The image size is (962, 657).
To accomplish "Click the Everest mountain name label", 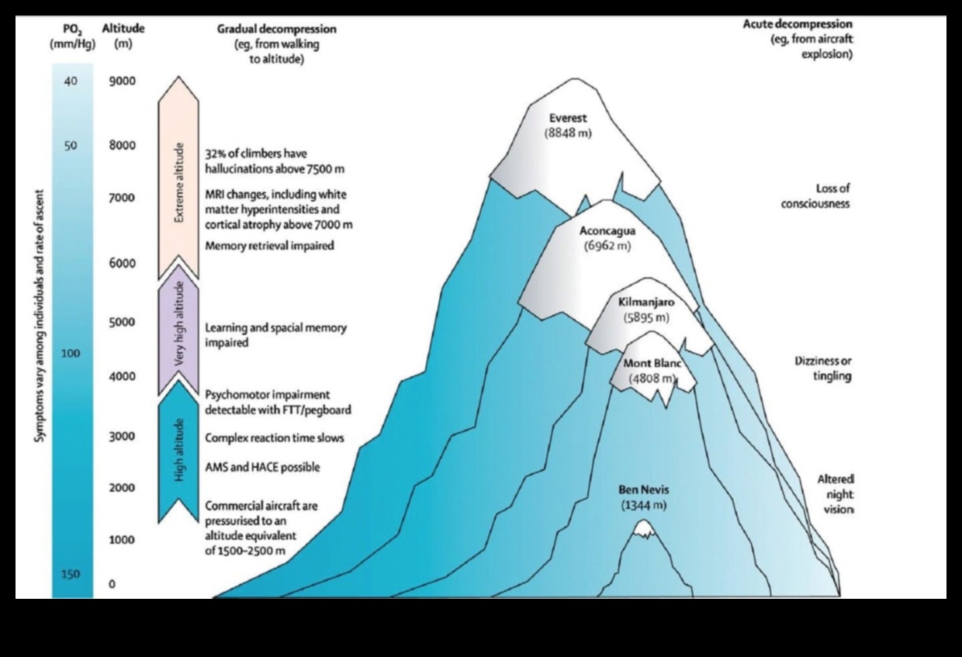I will click(x=568, y=119).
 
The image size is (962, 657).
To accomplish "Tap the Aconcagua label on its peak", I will click(x=607, y=230).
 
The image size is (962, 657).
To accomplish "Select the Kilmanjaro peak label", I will click(x=645, y=302).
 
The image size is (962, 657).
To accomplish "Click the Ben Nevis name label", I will click(x=643, y=489).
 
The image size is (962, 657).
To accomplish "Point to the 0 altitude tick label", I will click(x=112, y=584).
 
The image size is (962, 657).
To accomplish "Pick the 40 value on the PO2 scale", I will click(x=71, y=81).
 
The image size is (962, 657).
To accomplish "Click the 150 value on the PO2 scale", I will click(x=71, y=574).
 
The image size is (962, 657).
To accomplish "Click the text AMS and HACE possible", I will click(x=262, y=468).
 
